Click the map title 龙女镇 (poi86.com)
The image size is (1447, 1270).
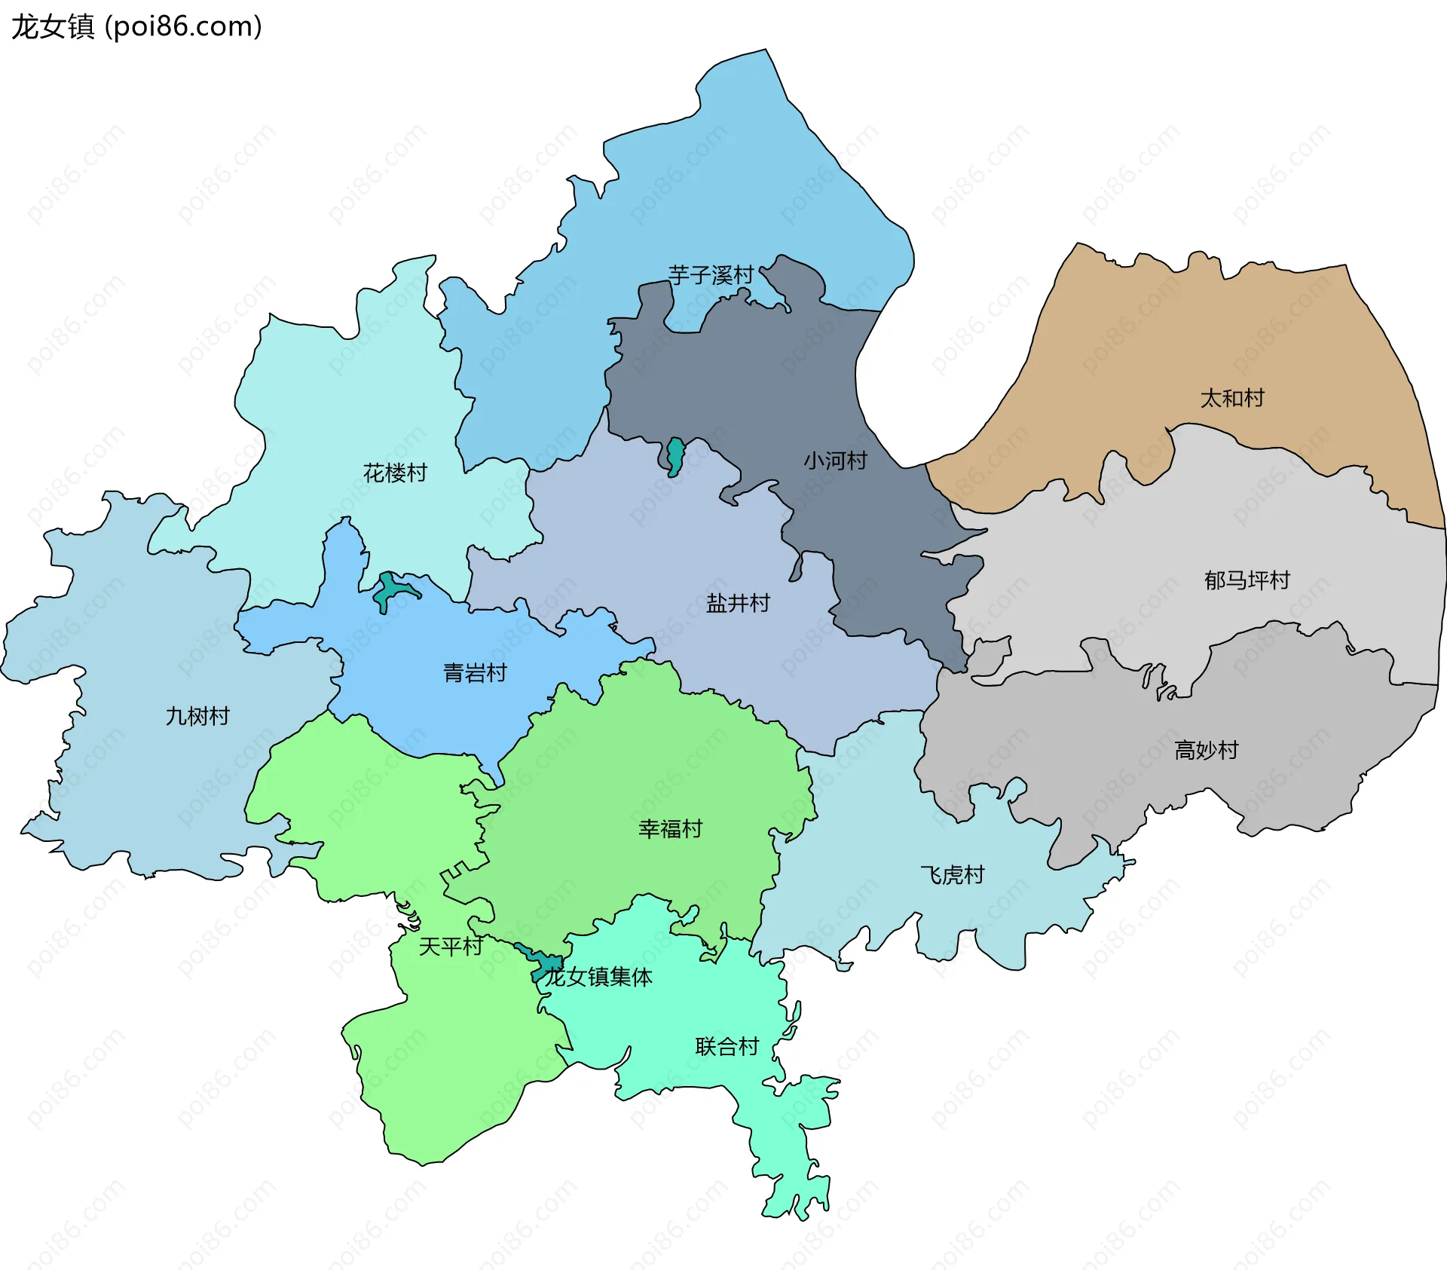coord(136,26)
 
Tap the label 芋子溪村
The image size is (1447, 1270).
coord(711,275)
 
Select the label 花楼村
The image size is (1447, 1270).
coord(395,473)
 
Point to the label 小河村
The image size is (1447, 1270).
coord(835,461)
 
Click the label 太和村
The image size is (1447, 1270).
coord(1231,398)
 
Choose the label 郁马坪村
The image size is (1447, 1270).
coord(1247,580)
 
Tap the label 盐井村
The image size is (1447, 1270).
coord(738,603)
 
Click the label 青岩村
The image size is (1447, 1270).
coord(475,672)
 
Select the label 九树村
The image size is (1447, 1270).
coord(197,716)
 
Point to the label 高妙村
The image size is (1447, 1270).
coord(1206,750)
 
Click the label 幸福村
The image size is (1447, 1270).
coord(670,829)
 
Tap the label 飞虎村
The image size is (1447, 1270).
coord(953,875)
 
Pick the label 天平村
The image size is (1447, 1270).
coord(451,946)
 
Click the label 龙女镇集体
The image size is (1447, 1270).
coord(599,977)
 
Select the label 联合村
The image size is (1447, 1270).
coord(727,1046)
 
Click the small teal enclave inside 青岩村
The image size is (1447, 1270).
coord(389,591)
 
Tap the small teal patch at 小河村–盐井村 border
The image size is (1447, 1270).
coord(675,455)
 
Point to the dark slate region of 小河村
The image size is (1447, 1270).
coord(754,377)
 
